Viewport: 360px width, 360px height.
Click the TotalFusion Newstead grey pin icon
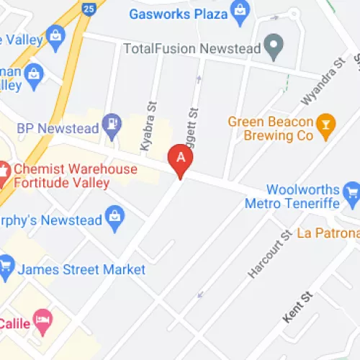272,49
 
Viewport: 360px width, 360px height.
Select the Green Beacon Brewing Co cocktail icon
326,126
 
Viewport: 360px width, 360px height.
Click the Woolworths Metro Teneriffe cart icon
351,192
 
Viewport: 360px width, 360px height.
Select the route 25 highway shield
89,8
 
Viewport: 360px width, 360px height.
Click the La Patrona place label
328,233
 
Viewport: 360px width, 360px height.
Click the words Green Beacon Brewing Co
270,128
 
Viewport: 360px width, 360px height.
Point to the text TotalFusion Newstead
191,49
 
